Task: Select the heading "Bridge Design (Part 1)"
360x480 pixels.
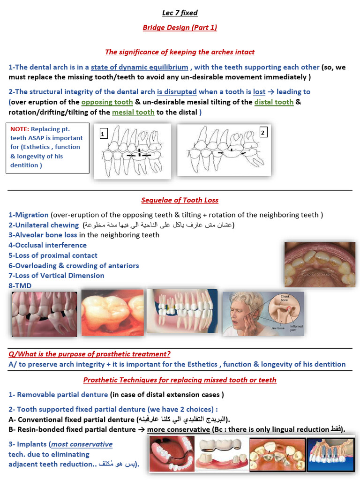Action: pyautogui.click(x=180, y=28)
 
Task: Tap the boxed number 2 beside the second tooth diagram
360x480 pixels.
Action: pyautogui.click(x=263, y=133)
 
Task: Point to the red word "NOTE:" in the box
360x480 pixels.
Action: pyautogui.click(x=19, y=129)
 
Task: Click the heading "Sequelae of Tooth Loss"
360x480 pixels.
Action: pyautogui.click(x=180, y=200)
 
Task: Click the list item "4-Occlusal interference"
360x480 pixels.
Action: pyautogui.click(x=47, y=245)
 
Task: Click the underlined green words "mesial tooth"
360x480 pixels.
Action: pyautogui.click(x=133, y=112)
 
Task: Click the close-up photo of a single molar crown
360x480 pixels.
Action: pyautogui.click(x=112, y=313)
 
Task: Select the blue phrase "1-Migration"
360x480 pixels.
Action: pyautogui.click(x=29, y=215)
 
